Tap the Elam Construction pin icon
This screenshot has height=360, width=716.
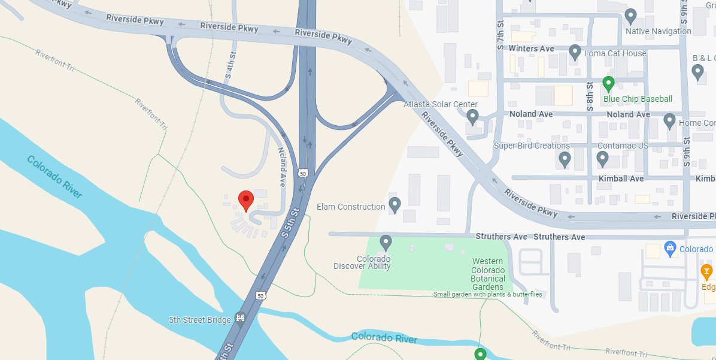tap(395, 204)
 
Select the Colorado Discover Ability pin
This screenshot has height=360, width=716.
tap(386, 242)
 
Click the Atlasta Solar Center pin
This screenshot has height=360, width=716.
tap(472, 116)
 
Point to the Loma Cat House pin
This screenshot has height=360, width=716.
tap(575, 52)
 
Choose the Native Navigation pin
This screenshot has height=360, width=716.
tap(630, 16)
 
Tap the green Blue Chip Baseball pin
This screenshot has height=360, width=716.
tap(609, 83)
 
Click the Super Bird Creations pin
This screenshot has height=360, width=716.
tap(565, 159)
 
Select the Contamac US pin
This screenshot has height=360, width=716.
tap(603, 159)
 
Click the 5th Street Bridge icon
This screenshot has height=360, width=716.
tap(241, 317)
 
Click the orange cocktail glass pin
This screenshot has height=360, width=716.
tap(707, 271)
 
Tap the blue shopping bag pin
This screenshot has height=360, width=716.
tap(670, 247)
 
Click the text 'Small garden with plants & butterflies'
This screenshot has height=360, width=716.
tap(487, 294)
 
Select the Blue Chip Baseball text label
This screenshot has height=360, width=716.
tap(638, 99)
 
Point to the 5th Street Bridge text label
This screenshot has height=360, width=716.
tap(199, 320)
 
